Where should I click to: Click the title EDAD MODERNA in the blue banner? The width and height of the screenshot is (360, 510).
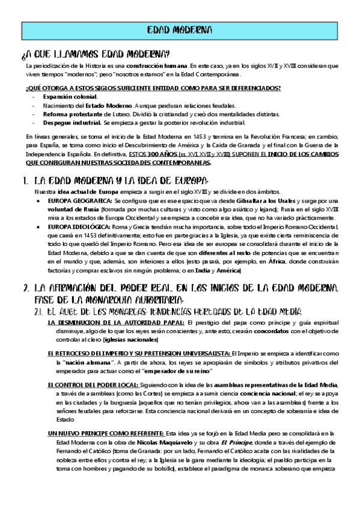[180, 30]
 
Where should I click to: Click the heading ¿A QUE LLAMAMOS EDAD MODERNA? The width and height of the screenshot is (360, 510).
[95, 54]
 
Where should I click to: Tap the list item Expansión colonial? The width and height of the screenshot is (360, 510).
[69, 97]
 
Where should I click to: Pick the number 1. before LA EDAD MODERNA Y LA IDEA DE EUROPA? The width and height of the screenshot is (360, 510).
[25, 180]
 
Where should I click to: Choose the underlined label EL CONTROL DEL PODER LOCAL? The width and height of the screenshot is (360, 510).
[95, 384]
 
